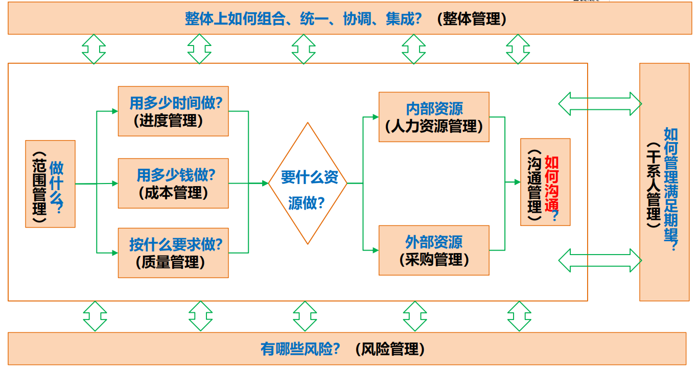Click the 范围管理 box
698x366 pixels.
50,184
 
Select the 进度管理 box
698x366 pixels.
173,111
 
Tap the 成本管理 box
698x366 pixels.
173,183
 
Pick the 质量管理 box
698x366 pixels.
173,253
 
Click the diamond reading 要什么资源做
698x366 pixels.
308,183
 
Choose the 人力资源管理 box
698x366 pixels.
434,117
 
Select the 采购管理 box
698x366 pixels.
434,250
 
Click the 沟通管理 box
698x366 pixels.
545,182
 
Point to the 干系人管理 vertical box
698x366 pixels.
664,182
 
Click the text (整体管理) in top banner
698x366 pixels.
472,19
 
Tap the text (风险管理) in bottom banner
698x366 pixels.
389,350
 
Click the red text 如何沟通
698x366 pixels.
552,184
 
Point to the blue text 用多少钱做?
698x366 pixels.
176,175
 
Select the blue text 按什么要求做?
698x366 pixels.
176,244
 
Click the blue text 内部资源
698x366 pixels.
434,108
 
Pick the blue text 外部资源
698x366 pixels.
434,241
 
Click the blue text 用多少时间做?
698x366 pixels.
176,103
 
